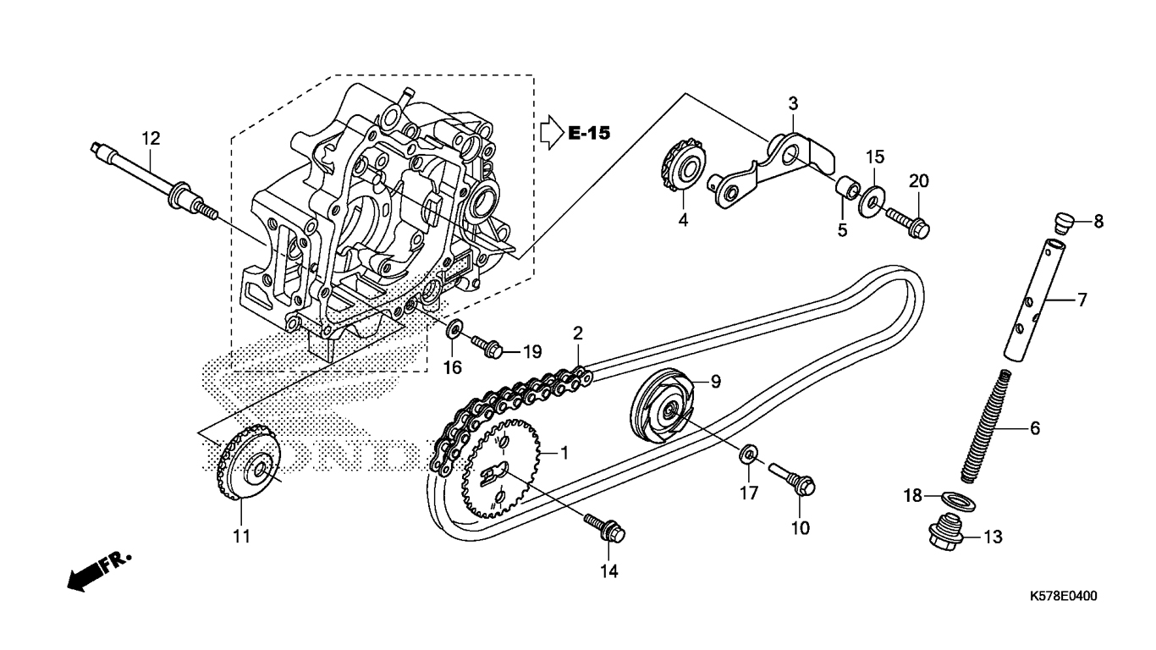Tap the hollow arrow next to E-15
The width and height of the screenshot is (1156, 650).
coord(551,132)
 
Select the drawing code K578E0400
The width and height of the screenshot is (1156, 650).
coord(1063,596)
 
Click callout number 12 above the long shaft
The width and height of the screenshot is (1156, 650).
coord(151,138)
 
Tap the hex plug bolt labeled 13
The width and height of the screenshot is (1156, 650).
coord(944,533)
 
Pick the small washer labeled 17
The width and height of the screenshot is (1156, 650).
coord(748,455)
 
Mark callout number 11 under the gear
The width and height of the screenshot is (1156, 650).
coord(242,536)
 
